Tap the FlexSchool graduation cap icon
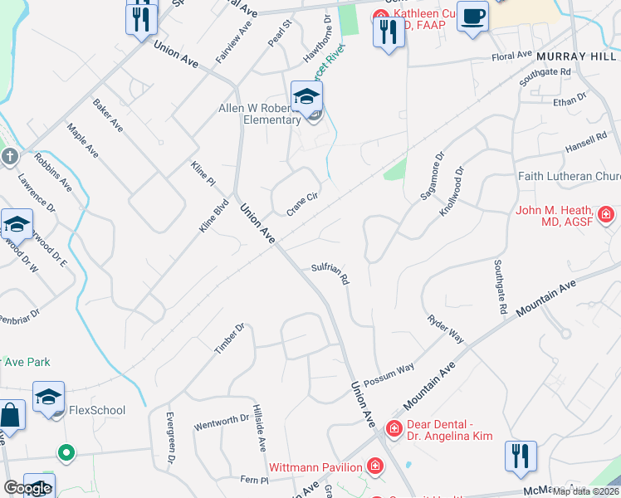48,397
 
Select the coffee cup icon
472,16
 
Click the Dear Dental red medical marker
394,428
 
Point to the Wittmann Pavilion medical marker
376,466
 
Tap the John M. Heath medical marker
606,215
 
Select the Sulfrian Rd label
330,272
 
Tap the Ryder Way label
446,330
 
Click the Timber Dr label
230,339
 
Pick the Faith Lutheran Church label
568,176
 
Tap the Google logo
27,488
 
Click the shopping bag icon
11,417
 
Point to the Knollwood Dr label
452,191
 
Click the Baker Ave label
108,116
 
